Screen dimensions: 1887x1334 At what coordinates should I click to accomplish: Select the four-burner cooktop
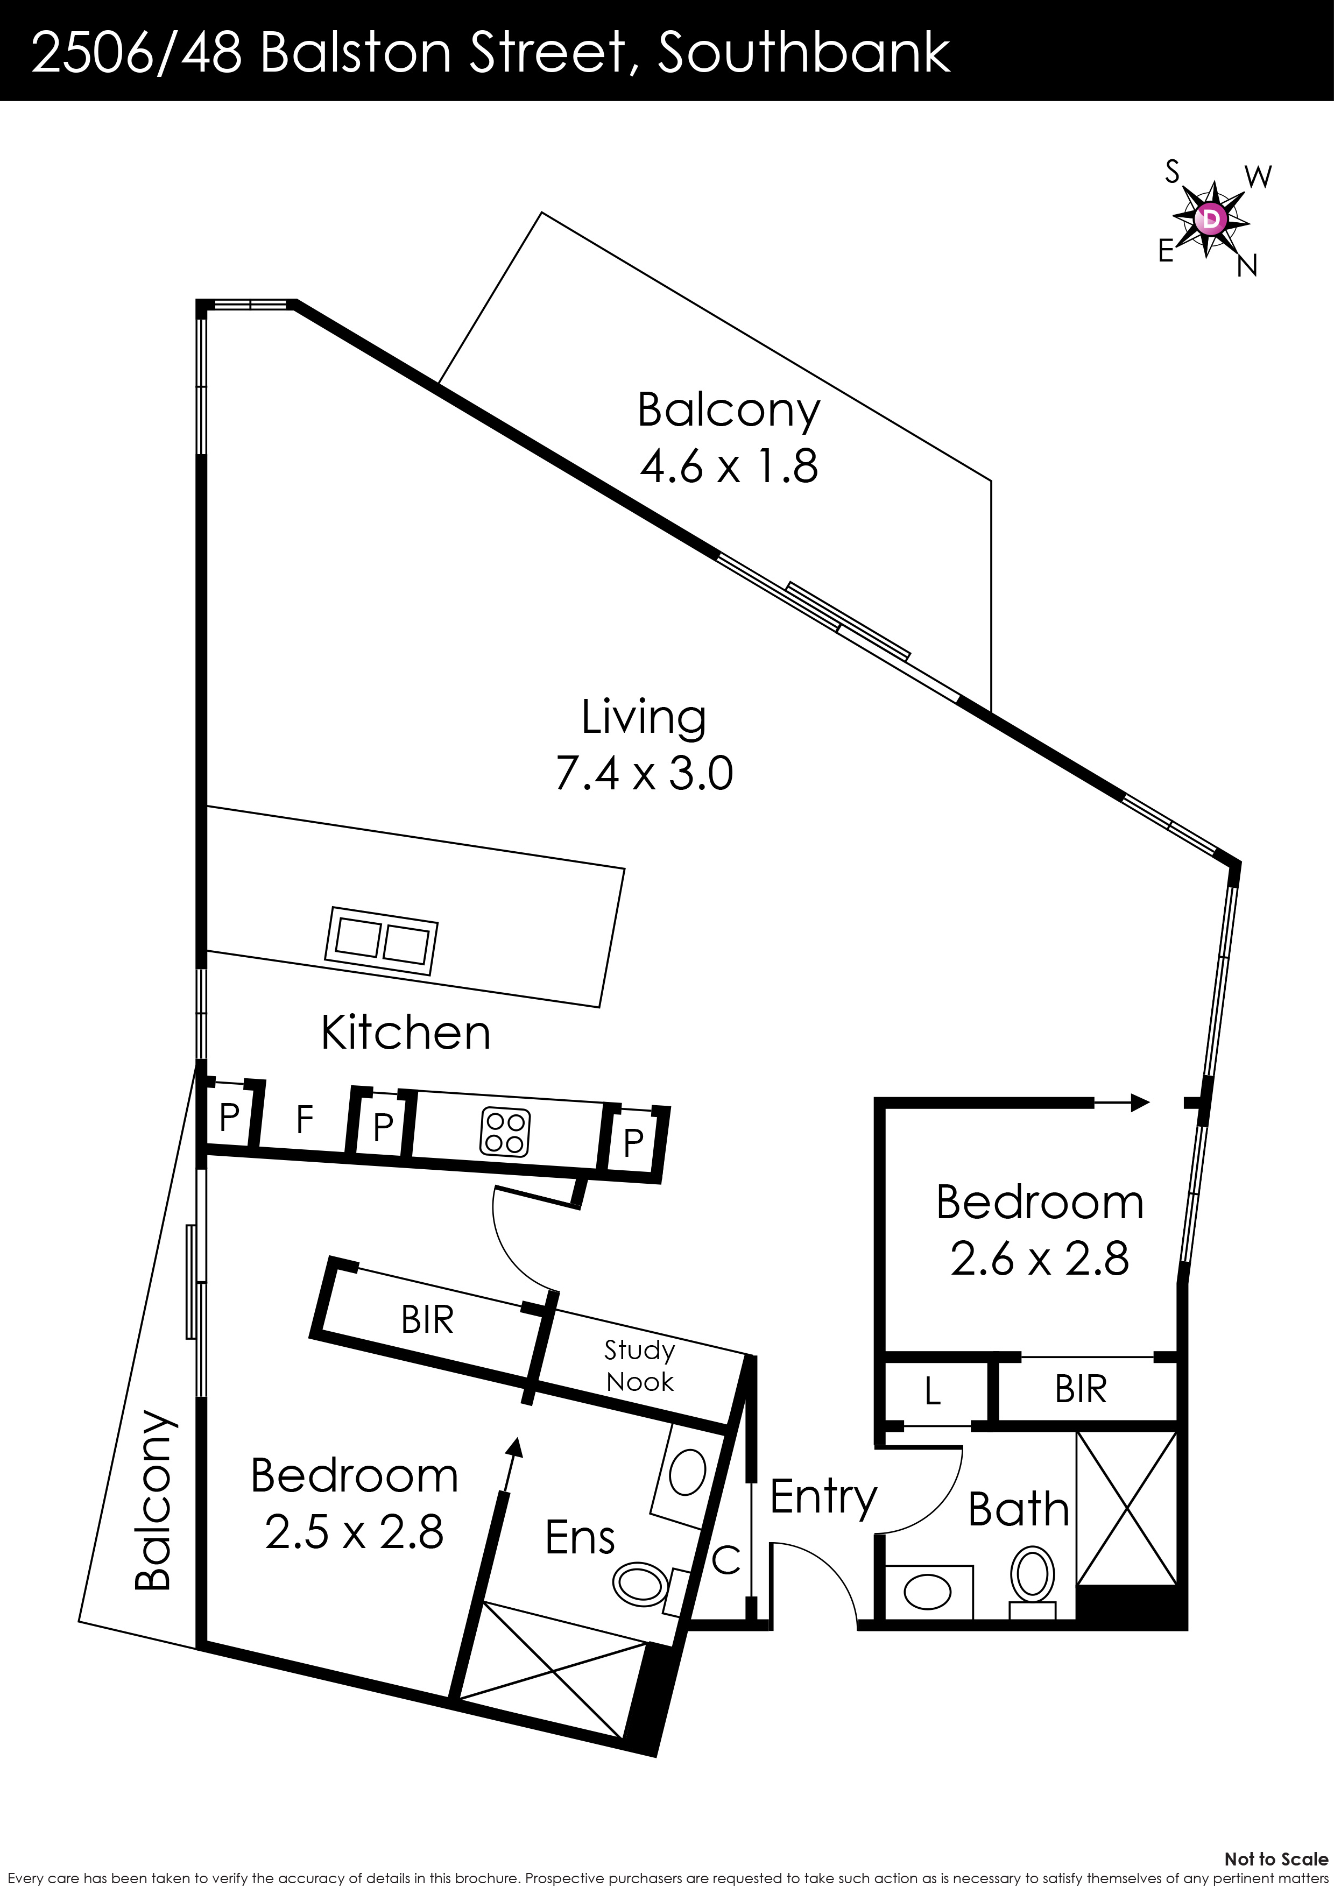(505, 1133)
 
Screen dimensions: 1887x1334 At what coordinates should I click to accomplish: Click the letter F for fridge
(304, 1119)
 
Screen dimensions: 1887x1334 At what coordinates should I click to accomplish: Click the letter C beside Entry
(726, 1559)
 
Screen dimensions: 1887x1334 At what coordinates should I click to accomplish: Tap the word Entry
(823, 1496)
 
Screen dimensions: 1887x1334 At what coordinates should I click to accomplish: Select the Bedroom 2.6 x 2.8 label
(1039, 1231)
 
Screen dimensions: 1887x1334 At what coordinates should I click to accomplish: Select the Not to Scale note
(1275, 1859)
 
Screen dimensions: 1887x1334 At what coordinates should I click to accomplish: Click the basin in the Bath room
(927, 1592)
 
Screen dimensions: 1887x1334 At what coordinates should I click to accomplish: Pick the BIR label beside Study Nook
(427, 1320)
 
